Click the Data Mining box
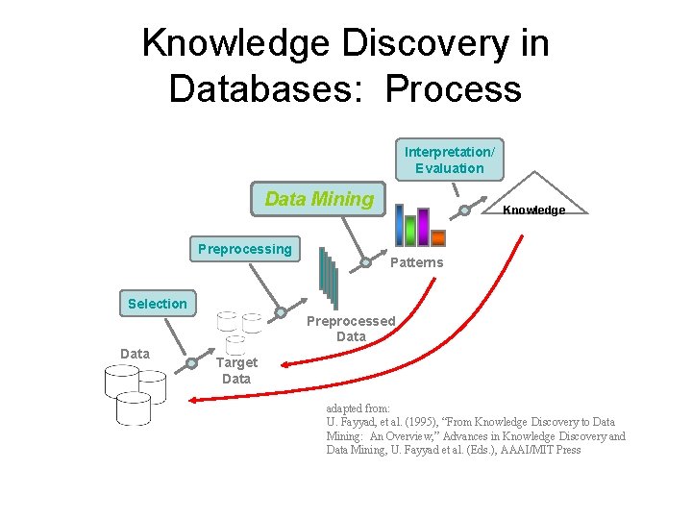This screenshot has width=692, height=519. click(x=318, y=200)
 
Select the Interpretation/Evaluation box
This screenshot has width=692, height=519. click(x=449, y=161)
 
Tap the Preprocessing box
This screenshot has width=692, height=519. click(x=245, y=250)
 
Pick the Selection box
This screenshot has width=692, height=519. click(x=158, y=304)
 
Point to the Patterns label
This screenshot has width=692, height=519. click(x=416, y=262)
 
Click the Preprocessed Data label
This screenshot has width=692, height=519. click(x=351, y=329)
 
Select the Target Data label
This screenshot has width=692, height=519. click(x=236, y=371)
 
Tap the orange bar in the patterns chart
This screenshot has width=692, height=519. click(x=438, y=237)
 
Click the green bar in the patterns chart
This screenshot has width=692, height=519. click(x=410, y=231)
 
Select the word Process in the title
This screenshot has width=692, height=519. click(x=454, y=88)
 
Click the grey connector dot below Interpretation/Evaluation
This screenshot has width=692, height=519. click(x=464, y=210)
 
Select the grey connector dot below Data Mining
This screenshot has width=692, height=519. click(x=366, y=262)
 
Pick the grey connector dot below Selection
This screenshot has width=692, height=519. click(x=192, y=363)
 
